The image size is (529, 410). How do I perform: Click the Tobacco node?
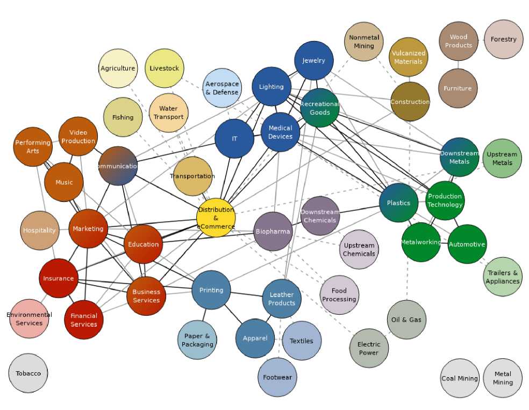(28, 373)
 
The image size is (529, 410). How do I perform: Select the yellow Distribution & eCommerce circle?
(216, 218)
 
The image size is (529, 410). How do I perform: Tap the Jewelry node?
(314, 60)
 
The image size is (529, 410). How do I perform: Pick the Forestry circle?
(503, 39)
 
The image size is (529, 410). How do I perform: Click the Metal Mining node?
(503, 378)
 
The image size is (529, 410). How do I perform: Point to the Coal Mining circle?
(460, 378)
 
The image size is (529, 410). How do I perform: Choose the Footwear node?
(277, 377)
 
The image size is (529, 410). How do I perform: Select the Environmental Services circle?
(29, 319)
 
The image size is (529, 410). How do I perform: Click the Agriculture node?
(118, 68)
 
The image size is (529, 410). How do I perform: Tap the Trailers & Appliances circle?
(503, 277)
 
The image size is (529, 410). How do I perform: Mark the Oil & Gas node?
(407, 320)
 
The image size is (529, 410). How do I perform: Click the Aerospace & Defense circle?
(222, 88)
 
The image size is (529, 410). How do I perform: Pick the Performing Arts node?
(33, 147)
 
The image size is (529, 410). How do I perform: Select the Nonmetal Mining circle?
(364, 41)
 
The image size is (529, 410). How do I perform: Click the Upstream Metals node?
(502, 158)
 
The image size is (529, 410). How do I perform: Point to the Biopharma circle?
(273, 231)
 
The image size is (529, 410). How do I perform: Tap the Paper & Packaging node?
(197, 340)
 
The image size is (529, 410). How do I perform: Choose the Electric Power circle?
(369, 348)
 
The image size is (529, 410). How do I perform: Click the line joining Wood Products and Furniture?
(458, 65)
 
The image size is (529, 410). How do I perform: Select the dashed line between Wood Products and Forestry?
(481, 40)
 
